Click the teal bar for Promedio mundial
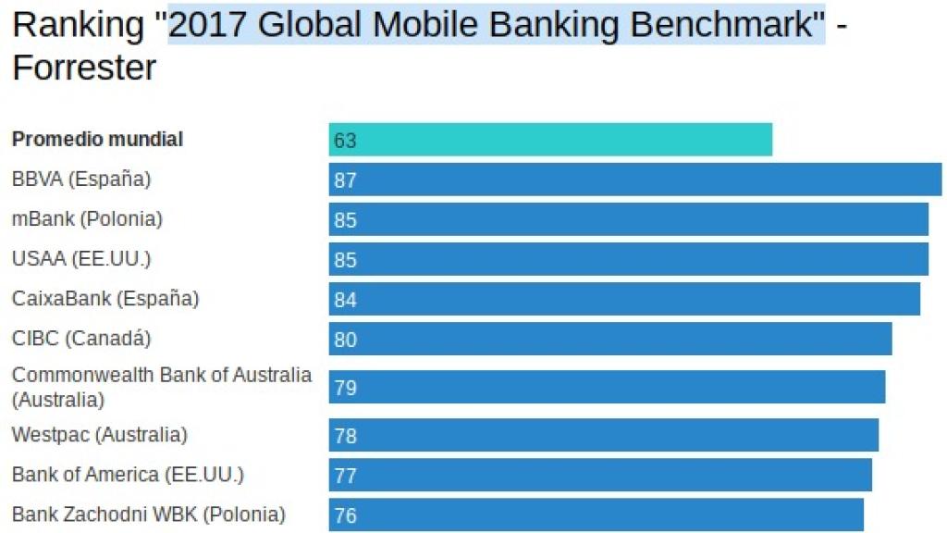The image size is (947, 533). pyautogui.click(x=550, y=140)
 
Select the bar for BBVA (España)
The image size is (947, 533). pyautogui.click(x=635, y=180)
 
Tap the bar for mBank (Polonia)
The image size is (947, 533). pyautogui.click(x=629, y=219)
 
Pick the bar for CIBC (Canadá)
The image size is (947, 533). pyautogui.click(x=610, y=339)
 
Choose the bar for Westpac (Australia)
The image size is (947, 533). pyautogui.click(x=604, y=435)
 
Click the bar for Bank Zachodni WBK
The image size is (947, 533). pyautogui.click(x=596, y=514)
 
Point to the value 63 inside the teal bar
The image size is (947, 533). pyautogui.click(x=345, y=141)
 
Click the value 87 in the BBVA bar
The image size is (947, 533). pyautogui.click(x=345, y=180)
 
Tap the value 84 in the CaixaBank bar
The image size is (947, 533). pyautogui.click(x=345, y=300)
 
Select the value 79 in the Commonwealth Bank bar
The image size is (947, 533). pyautogui.click(x=345, y=388)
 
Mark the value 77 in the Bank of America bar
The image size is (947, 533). pyautogui.click(x=345, y=476)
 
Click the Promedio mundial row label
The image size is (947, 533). pyautogui.click(x=97, y=140)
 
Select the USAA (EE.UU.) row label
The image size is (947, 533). pyautogui.click(x=81, y=259)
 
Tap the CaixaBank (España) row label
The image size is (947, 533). pyautogui.click(x=105, y=299)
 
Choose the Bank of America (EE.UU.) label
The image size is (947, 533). pyautogui.click(x=128, y=475)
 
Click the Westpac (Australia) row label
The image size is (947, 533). pyautogui.click(x=100, y=435)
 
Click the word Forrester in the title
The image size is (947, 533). pyautogui.click(x=84, y=68)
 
